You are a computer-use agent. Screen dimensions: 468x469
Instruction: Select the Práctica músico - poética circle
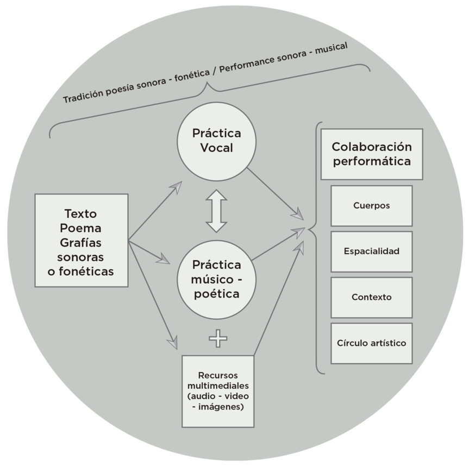(216, 279)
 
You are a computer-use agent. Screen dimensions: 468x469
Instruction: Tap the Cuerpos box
(371, 206)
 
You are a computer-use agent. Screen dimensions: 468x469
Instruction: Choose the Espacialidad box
(371, 251)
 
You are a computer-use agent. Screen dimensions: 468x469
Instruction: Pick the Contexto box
(371, 298)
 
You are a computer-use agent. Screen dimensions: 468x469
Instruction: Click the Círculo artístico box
(371, 343)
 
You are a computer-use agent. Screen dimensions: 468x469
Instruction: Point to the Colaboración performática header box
(372, 154)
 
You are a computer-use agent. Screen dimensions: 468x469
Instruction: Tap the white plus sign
(218, 339)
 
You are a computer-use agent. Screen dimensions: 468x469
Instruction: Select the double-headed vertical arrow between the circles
(216, 211)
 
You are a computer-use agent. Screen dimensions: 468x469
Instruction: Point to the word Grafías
(80, 242)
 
